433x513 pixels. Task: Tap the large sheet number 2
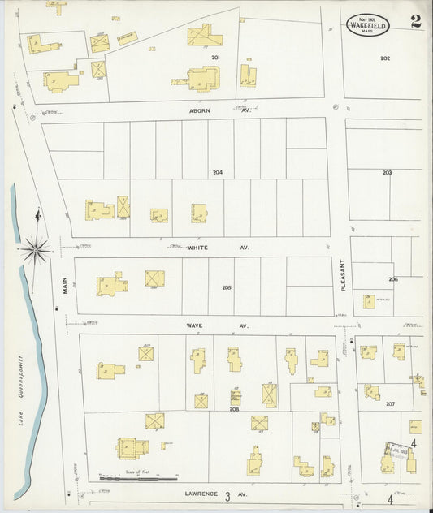pyautogui.click(x=416, y=21)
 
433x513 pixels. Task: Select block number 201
pyautogui.click(x=216, y=58)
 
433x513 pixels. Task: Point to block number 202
pyautogui.click(x=385, y=58)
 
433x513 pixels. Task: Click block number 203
pyautogui.click(x=387, y=173)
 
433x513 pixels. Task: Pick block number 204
pyautogui.click(x=218, y=172)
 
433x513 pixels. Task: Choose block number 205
pyautogui.click(x=226, y=287)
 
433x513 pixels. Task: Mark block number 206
pyautogui.click(x=393, y=279)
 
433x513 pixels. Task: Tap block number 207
pyautogui.click(x=390, y=403)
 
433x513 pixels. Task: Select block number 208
pyautogui.click(x=235, y=410)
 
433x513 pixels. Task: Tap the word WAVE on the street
pyautogui.click(x=195, y=325)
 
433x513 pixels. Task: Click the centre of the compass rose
pyautogui.click(x=36, y=247)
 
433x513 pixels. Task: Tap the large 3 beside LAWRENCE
pyautogui.click(x=228, y=495)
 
